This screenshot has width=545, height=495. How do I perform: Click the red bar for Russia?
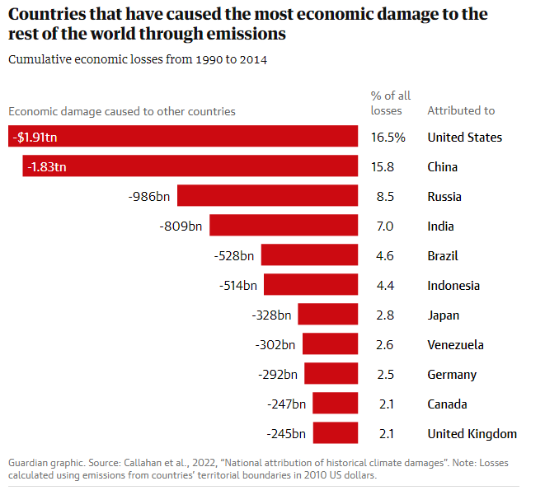(x=267, y=196)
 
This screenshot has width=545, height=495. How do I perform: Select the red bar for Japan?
(x=327, y=315)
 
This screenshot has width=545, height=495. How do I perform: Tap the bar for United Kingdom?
(x=335, y=433)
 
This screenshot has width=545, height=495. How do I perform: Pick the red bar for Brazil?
(x=309, y=255)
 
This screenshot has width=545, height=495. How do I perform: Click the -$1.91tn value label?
(x=36, y=138)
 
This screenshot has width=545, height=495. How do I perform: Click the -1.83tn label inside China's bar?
(x=46, y=167)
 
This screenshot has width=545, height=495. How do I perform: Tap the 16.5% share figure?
(x=388, y=138)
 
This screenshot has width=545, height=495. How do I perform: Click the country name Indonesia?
(x=453, y=285)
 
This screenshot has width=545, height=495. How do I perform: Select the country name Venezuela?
(x=455, y=344)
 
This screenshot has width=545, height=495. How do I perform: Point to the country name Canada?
(x=448, y=404)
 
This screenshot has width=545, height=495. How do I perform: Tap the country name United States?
(x=464, y=138)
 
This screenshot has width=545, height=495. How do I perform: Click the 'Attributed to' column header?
(x=461, y=110)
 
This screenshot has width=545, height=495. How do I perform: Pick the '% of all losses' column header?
(x=390, y=103)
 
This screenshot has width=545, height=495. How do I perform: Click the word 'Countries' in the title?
(x=46, y=14)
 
